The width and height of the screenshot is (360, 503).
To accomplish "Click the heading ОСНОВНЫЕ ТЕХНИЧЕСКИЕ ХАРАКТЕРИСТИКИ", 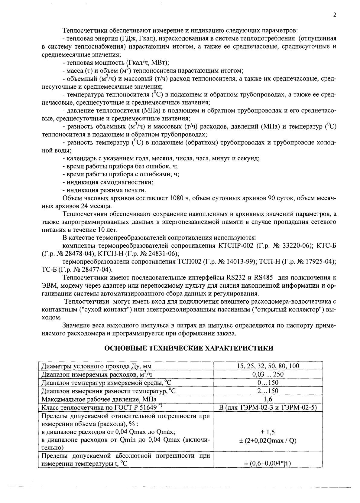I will (189, 348).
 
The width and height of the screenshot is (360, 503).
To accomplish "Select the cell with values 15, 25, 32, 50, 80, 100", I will (268, 366).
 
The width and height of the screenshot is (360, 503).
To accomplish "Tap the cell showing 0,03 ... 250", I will (268, 374).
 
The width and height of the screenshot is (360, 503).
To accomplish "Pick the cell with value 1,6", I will (268, 399).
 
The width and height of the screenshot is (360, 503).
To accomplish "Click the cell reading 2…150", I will (268, 391).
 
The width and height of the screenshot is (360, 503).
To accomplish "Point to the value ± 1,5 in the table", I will (268, 432).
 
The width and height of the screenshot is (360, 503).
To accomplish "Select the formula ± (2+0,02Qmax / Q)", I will (268, 440).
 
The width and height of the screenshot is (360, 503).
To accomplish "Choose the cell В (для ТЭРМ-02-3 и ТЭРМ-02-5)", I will (268, 407).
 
